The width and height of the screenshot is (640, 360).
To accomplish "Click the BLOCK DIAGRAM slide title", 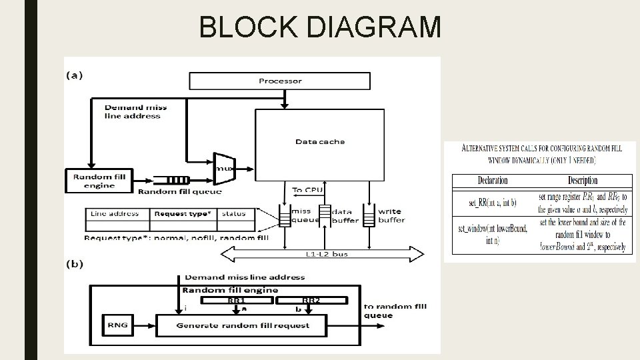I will click(x=320, y=27).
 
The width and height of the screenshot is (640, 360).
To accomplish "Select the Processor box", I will click(x=280, y=81).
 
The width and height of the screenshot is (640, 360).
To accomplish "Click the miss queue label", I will click(x=301, y=215).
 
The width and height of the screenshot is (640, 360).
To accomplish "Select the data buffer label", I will click(x=345, y=216).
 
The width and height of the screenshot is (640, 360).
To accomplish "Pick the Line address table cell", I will click(x=115, y=214).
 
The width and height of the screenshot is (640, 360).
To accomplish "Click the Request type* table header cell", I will click(x=183, y=214).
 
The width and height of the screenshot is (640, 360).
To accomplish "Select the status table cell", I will click(x=234, y=214).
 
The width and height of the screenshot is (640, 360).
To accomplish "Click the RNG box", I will click(x=117, y=325).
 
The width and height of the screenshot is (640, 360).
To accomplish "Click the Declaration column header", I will click(x=493, y=181).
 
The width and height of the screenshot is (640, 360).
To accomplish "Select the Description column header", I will click(x=582, y=181).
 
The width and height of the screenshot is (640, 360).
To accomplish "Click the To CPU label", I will click(x=309, y=190).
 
